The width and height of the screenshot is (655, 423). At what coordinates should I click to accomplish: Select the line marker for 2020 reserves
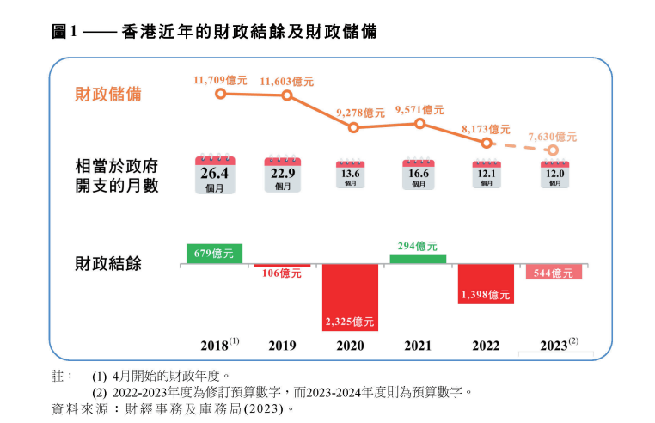point(353,127)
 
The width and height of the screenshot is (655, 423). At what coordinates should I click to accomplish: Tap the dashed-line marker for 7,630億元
point(553,150)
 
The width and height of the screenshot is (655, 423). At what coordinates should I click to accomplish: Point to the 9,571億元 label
point(419,110)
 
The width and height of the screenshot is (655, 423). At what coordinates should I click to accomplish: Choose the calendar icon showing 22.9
point(283,175)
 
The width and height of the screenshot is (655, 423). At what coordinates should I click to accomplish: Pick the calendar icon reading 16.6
point(419,175)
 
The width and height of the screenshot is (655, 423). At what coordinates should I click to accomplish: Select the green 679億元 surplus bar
point(214,254)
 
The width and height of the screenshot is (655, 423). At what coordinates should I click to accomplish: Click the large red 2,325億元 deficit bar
point(350,297)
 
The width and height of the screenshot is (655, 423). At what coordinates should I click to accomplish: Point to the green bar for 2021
point(419,259)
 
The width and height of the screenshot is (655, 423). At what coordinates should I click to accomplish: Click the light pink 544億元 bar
point(554,272)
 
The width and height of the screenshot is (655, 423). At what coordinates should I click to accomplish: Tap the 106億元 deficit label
point(283,274)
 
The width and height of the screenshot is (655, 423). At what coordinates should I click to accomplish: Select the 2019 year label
point(282,346)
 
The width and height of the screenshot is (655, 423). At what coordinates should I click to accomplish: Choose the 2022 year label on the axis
point(486,346)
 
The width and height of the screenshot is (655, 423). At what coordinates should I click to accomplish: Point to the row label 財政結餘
point(109,263)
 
